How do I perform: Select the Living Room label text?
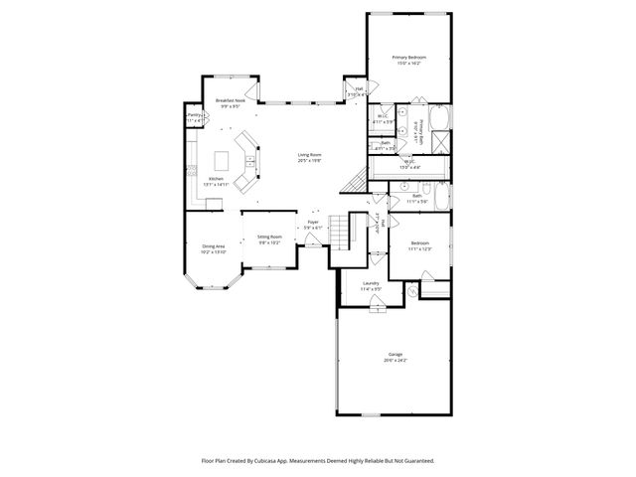[x=310, y=155]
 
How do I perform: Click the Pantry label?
[x=194, y=115]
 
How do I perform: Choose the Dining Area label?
[x=214, y=245]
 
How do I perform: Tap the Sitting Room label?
[x=270, y=237]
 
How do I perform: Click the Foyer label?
[x=312, y=225]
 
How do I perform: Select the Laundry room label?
[x=371, y=284]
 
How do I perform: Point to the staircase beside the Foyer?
[x=341, y=233]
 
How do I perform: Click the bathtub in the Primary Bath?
[x=442, y=116]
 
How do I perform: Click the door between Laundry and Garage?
[x=377, y=308]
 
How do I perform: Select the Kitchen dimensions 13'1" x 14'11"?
[x=216, y=185]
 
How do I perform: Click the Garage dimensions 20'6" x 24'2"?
[x=395, y=361]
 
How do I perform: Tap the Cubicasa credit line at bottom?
[x=318, y=461]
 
